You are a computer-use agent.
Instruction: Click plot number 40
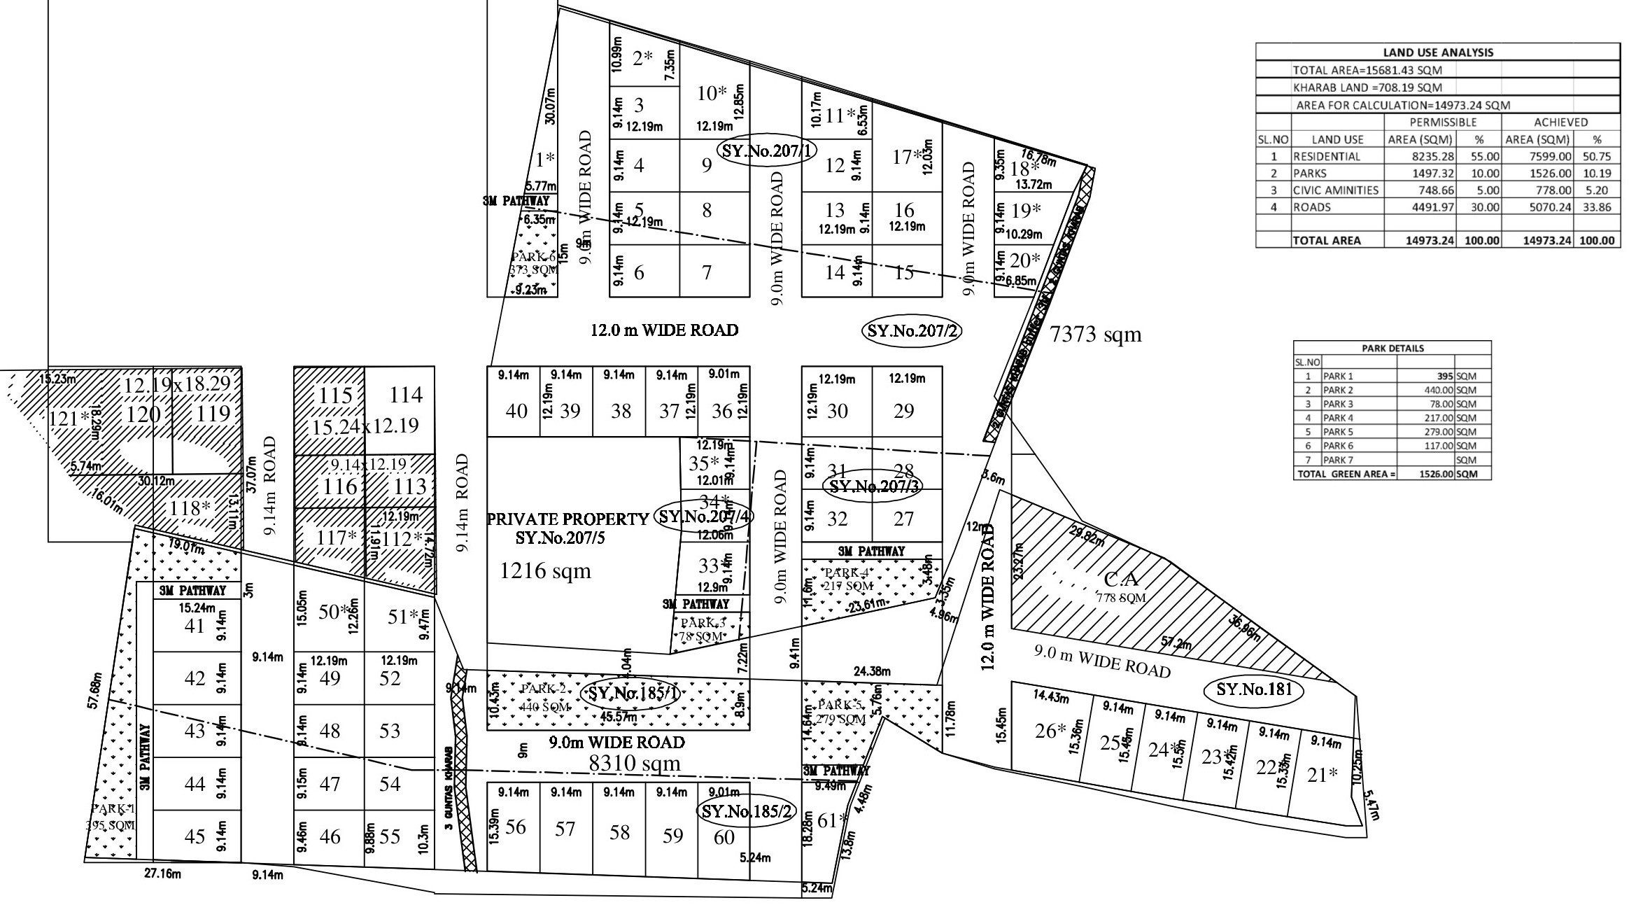(x=516, y=411)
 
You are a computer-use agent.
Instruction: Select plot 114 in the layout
(x=406, y=395)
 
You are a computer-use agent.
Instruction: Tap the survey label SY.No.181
(x=1253, y=690)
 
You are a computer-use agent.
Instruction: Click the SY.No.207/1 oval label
(x=768, y=150)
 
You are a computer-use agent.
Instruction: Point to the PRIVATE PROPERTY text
(x=567, y=519)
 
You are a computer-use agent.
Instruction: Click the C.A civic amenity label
(x=1122, y=580)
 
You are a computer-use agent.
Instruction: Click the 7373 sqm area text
(x=1096, y=335)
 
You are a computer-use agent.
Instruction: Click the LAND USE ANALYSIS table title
(x=1437, y=52)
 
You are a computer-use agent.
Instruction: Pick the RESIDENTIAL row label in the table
(x=1326, y=156)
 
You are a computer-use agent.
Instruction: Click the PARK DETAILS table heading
(x=1392, y=348)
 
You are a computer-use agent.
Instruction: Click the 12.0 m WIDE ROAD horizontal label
(x=664, y=330)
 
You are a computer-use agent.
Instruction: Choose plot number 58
(x=619, y=832)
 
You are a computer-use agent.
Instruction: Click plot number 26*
(x=1051, y=731)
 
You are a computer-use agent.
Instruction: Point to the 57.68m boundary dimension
(x=97, y=690)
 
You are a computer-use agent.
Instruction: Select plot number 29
(x=903, y=411)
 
